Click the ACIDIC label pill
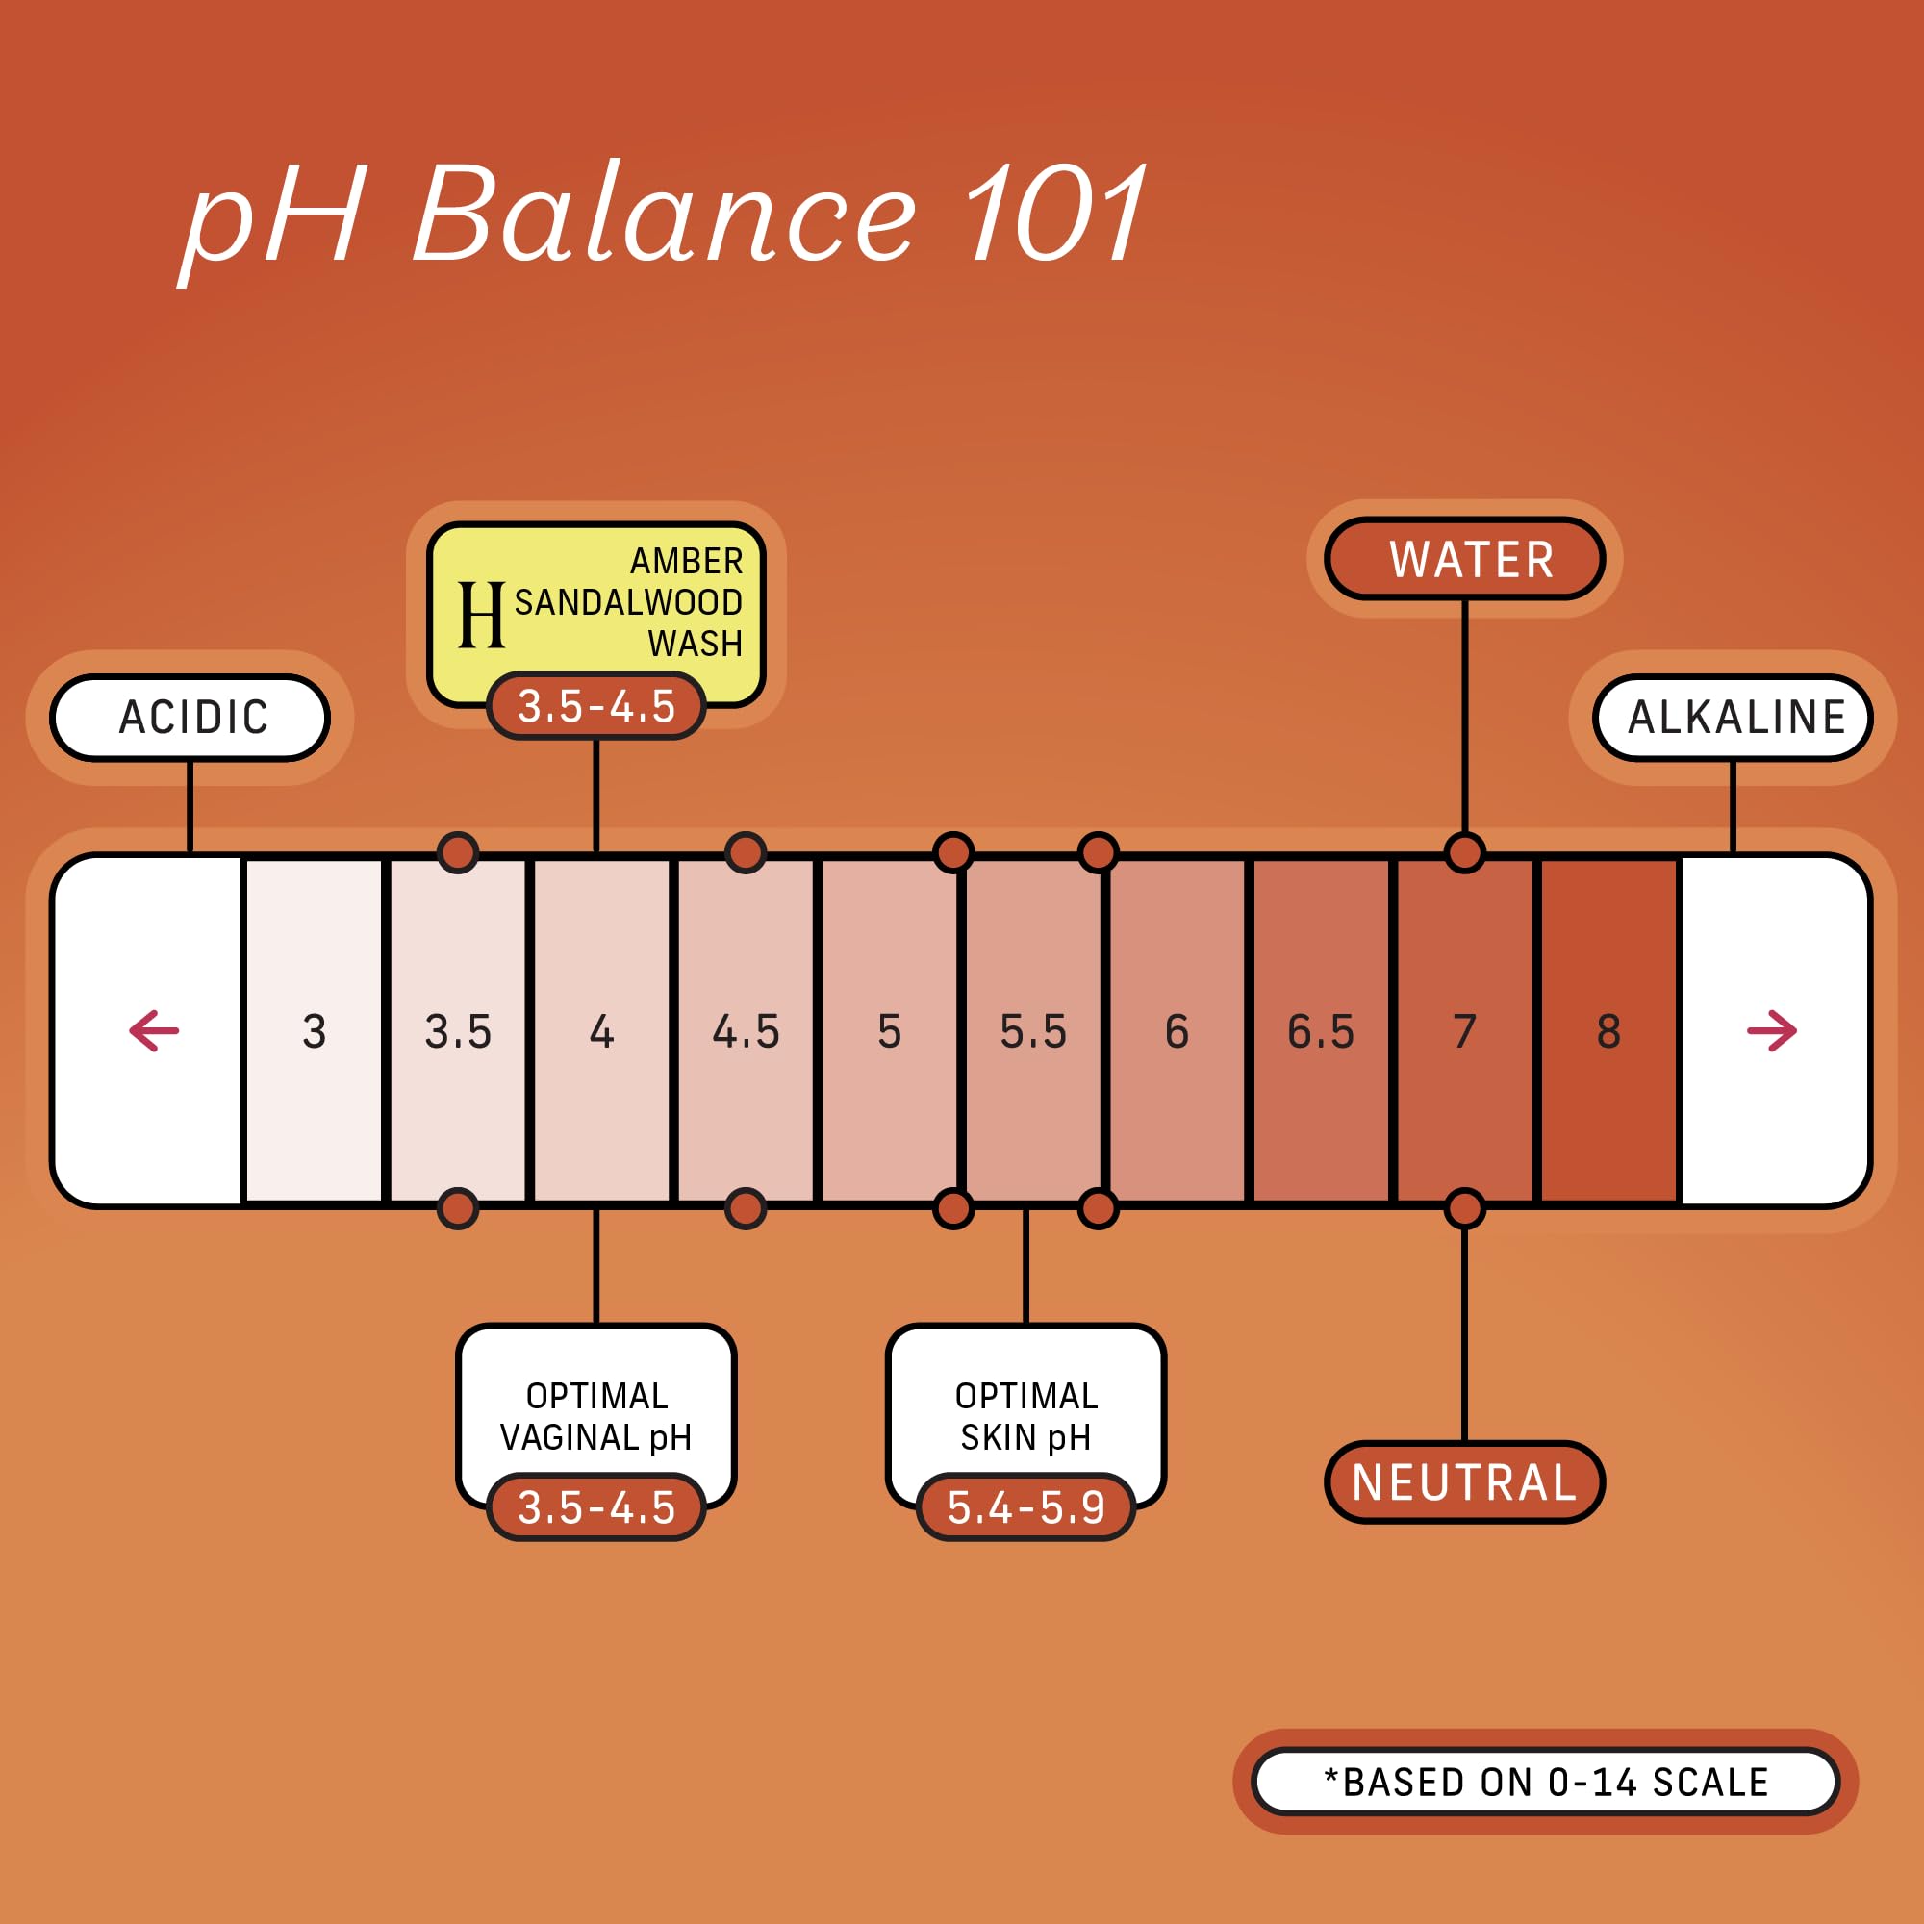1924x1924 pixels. point(190,717)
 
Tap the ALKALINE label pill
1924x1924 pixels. point(1733,717)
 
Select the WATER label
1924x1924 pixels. point(1464,559)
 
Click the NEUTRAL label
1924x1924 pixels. point(1464,1481)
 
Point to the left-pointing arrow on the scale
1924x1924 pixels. point(154,1030)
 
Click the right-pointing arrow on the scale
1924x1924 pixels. point(1772,1030)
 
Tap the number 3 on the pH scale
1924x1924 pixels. point(314,1031)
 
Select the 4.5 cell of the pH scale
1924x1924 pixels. point(746,1031)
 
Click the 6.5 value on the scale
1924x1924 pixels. point(1321,1031)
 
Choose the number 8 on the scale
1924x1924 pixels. point(1608,1031)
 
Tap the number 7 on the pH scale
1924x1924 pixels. point(1464,1031)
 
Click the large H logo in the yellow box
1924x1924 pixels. point(481,616)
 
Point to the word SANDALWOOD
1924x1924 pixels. point(627,602)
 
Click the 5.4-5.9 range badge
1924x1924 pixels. point(1025,1507)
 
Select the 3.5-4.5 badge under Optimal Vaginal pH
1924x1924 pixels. point(596,1507)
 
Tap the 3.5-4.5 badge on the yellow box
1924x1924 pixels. point(596,706)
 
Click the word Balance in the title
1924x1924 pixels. point(664,216)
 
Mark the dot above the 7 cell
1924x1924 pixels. point(1464,852)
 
